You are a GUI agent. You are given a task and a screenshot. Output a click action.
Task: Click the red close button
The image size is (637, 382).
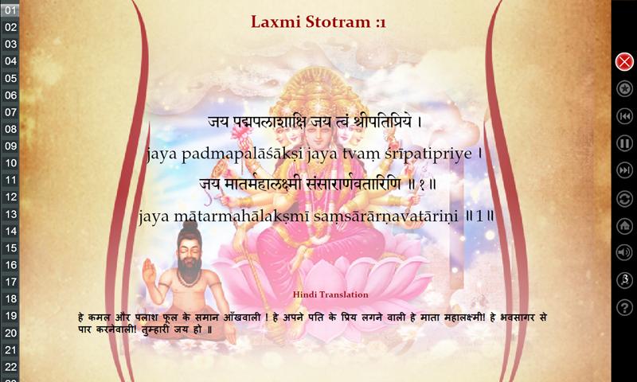tap(624, 62)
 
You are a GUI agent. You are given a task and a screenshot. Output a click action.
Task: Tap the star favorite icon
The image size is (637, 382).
tap(624, 88)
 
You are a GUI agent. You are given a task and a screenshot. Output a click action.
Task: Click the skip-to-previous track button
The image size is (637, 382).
tap(624, 116)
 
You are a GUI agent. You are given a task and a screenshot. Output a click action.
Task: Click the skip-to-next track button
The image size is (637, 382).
tap(624, 170)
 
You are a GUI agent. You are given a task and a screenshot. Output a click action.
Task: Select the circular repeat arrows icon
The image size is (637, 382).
tap(624, 199)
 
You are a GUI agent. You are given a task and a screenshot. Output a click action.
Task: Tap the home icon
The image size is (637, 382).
tap(624, 226)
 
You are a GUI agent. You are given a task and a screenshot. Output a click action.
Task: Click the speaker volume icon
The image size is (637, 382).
tap(624, 252)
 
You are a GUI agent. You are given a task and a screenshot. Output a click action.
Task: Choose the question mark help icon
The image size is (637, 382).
tap(624, 307)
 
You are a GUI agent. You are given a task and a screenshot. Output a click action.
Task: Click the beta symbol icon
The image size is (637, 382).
tap(624, 280)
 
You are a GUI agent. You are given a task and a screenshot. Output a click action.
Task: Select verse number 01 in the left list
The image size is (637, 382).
tap(10, 10)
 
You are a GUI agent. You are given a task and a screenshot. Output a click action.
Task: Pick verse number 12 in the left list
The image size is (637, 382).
tap(10, 197)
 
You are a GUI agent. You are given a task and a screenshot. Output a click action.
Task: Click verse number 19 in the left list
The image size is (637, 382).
tap(10, 315)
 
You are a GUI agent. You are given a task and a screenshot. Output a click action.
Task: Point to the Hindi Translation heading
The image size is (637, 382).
tap(330, 294)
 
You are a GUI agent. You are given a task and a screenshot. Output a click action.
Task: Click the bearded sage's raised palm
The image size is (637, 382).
tap(149, 271)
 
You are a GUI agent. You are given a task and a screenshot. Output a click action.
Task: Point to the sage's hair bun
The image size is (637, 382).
tap(190, 227)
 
